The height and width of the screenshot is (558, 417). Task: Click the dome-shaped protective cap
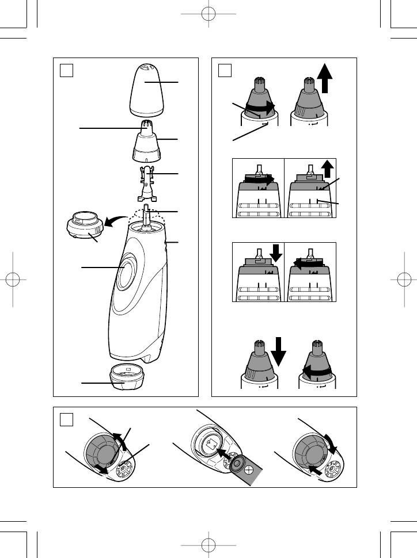146,91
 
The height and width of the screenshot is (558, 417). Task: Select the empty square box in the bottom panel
67,421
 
